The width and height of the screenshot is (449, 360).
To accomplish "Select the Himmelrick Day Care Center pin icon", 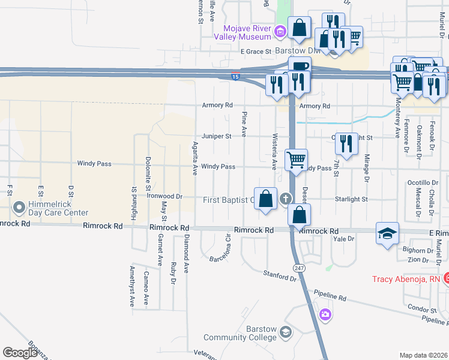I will tap(19, 208).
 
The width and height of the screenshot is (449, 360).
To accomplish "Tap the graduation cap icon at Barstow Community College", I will tap(286, 332).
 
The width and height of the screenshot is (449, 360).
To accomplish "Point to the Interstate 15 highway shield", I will tap(236, 77).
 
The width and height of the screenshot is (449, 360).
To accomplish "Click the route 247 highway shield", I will tap(298, 266).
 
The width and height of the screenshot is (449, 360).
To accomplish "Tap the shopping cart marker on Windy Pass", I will tap(296, 160).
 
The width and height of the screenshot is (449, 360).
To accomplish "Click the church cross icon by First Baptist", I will tap(286, 199).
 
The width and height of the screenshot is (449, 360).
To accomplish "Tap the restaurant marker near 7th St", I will tap(346, 143).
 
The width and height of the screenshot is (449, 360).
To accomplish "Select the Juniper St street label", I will tap(216, 136).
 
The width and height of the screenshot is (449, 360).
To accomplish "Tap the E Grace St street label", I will tap(256, 52).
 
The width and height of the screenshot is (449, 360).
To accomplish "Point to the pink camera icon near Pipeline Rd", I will tap(325, 314).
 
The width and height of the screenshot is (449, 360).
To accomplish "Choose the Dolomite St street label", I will tap(148, 174).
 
